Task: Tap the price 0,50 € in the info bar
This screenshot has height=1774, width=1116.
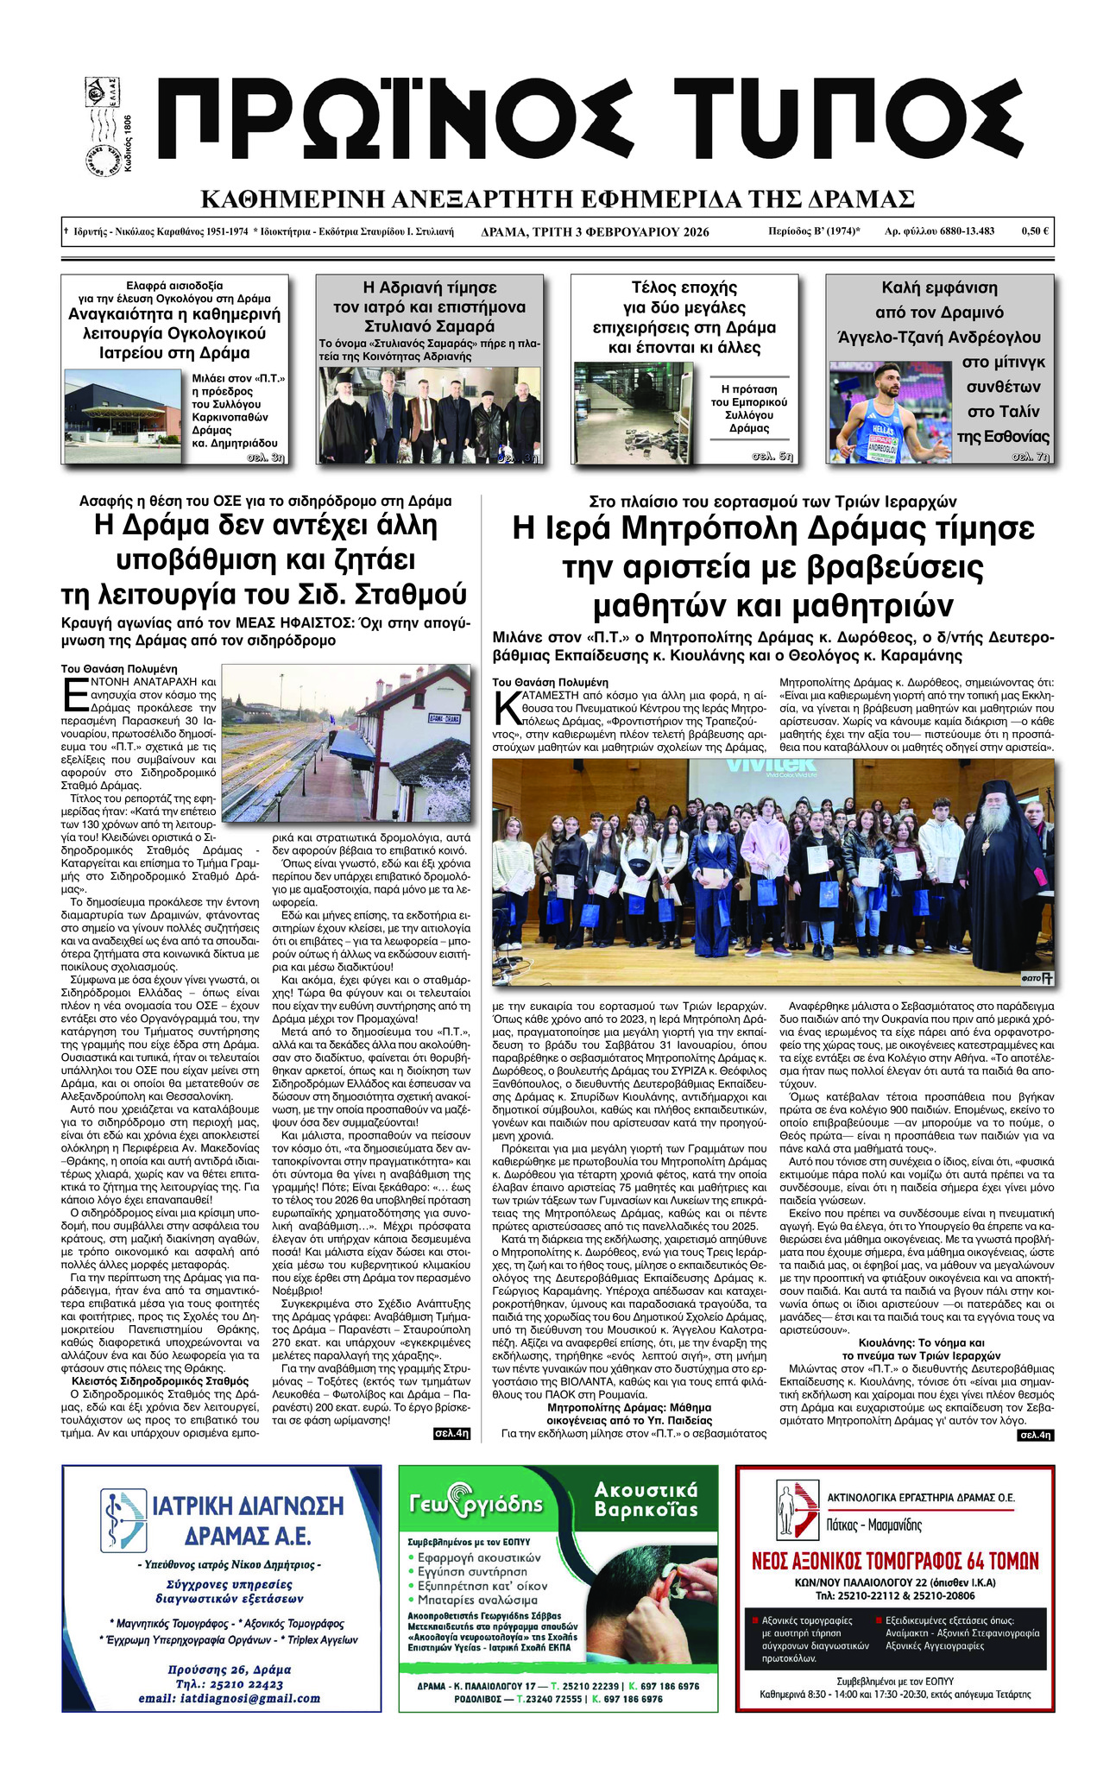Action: click(x=1034, y=231)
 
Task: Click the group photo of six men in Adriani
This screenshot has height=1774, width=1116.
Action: click(x=429, y=415)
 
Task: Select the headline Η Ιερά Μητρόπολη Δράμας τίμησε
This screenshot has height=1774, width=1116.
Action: click(x=772, y=528)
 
